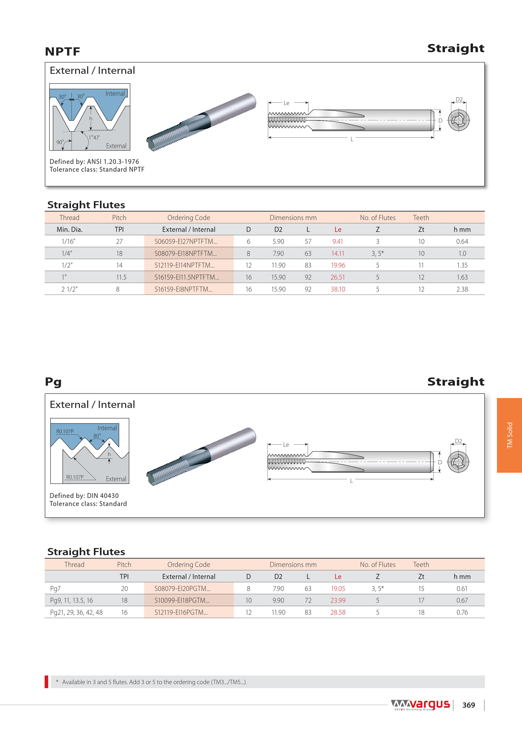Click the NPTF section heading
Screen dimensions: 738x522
tap(62, 51)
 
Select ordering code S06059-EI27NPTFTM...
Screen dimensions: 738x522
tap(186, 241)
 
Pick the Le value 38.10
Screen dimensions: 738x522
tap(338, 289)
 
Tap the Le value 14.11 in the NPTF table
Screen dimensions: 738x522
tap(338, 253)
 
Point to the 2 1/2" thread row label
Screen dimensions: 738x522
tap(69, 289)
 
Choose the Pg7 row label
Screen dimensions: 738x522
tap(55, 589)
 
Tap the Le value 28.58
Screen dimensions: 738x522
tap(338, 612)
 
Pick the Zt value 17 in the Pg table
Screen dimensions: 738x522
tap(421, 600)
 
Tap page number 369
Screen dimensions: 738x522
tap(468, 705)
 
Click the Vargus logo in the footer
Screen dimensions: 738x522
tap(420, 704)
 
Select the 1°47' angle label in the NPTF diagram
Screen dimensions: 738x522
tap(95, 137)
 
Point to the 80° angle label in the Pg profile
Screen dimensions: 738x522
tap(97, 435)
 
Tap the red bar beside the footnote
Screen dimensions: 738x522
tap(47, 682)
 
